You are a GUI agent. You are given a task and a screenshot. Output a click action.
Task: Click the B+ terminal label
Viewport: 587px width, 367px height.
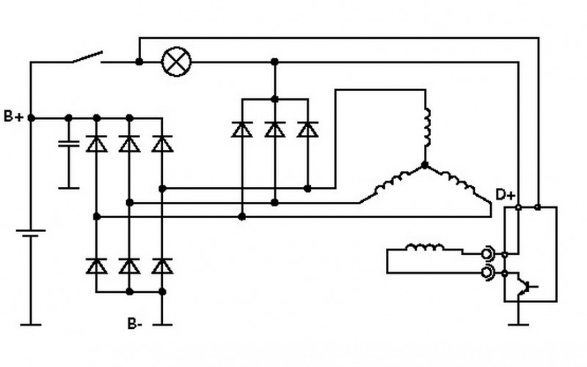tap(13, 117)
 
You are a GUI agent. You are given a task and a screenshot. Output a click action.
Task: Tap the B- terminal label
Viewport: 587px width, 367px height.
tap(135, 323)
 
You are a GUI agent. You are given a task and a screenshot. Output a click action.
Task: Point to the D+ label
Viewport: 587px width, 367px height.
tap(506, 195)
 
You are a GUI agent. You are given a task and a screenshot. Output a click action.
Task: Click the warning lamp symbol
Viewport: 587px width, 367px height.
tap(176, 62)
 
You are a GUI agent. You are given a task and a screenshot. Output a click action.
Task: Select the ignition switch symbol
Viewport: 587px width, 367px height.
tap(87, 58)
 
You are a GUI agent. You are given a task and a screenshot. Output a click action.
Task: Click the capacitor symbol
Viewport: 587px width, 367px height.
tap(69, 144)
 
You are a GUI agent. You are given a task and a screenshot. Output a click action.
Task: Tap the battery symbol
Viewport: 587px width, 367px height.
tap(31, 233)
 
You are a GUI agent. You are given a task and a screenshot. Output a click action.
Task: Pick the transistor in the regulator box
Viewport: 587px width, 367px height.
tap(526, 287)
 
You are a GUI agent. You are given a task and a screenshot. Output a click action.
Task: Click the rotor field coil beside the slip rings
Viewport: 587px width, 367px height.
tap(425, 247)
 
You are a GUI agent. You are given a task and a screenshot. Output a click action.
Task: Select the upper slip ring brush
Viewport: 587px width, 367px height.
tap(487, 254)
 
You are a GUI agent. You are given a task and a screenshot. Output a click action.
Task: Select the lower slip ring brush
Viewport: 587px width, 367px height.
tap(487, 273)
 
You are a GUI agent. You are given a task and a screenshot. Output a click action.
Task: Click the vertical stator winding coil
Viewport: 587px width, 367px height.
tap(426, 127)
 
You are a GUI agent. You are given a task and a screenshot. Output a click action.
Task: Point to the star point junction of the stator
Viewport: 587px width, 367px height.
tap(425, 164)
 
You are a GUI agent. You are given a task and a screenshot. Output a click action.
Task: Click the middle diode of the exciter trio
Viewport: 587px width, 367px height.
tap(274, 129)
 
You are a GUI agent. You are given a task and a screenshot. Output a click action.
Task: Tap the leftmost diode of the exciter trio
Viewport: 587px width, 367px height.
tap(242, 129)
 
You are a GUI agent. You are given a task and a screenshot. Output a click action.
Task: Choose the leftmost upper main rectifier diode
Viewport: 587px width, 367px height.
tap(97, 144)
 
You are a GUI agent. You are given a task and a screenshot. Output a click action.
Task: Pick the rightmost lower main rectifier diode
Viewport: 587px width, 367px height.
tap(162, 266)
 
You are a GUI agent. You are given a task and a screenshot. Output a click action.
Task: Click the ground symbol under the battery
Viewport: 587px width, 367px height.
tap(31, 324)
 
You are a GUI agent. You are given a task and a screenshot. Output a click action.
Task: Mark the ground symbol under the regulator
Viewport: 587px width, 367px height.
tap(519, 324)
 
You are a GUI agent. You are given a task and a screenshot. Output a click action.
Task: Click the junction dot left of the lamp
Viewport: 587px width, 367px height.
tap(139, 62)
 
